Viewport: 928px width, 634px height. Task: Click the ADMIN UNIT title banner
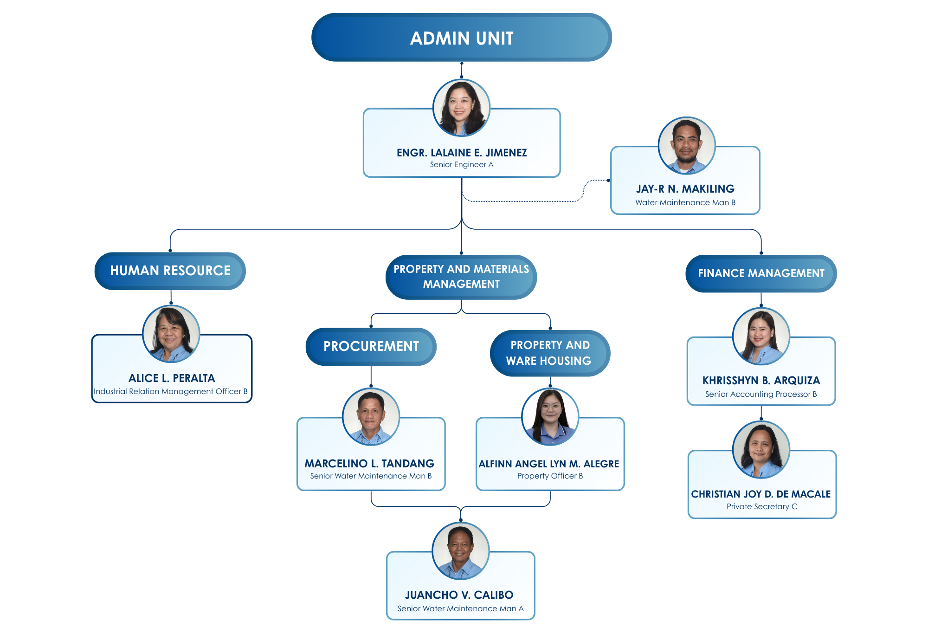coord(461,38)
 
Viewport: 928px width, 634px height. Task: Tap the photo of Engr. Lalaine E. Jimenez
coord(461,108)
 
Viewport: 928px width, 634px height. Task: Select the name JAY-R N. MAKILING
coord(685,189)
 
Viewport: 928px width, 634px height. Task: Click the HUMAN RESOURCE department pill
coord(170,271)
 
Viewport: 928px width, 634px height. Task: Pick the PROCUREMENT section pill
coord(371,346)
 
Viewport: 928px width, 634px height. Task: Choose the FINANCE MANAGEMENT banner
coord(761,273)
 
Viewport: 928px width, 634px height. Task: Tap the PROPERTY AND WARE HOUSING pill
coord(549,353)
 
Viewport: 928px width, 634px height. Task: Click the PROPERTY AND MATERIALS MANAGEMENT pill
coord(461,277)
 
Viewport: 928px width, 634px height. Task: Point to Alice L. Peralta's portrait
coord(171,334)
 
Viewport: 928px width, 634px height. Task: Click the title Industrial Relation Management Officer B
coord(170,391)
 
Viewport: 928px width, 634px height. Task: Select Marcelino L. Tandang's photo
coord(371,417)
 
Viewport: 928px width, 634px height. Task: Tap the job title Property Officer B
coord(550,476)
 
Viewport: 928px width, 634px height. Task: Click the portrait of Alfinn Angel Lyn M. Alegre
coord(550,417)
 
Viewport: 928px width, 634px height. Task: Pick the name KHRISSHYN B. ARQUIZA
coord(761,381)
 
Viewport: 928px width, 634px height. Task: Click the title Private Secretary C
coord(761,506)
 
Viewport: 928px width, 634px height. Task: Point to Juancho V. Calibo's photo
coord(460,551)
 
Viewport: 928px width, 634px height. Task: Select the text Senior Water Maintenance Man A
coord(460,608)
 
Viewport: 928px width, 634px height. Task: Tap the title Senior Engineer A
coord(461,164)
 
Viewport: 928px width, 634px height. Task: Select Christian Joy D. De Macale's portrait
coord(761,449)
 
